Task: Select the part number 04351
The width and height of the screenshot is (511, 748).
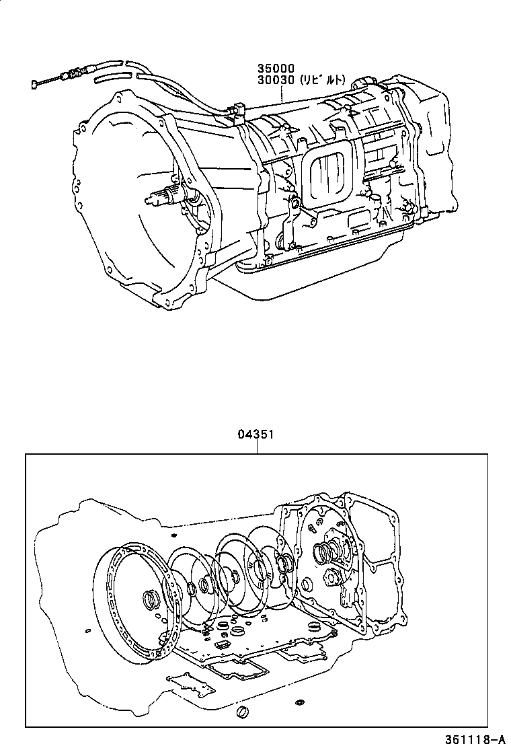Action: point(255,435)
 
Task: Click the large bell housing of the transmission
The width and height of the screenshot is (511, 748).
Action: point(134,202)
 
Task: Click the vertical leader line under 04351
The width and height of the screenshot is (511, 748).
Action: point(256,447)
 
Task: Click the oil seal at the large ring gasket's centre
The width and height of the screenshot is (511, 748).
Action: point(149,599)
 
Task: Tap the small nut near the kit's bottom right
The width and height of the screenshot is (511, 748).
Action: point(298,704)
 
